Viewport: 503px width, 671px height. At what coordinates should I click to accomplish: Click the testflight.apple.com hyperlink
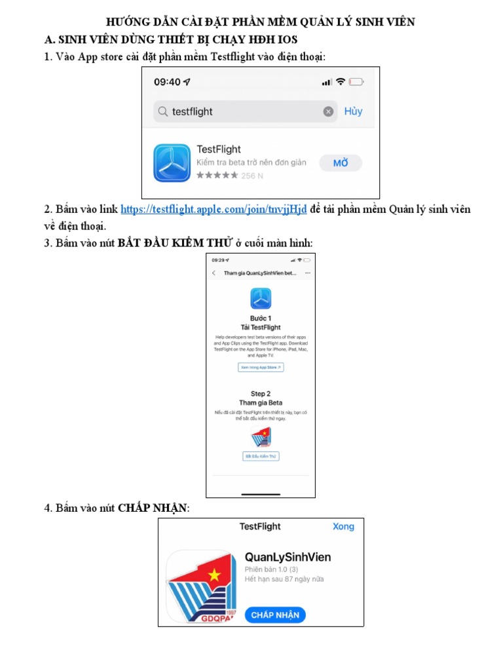[214, 210]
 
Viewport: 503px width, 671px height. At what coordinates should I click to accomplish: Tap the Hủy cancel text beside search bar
[353, 111]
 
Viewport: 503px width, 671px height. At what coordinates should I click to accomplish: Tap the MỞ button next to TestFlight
[341, 163]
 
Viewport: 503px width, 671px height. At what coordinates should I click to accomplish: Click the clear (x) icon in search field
[328, 112]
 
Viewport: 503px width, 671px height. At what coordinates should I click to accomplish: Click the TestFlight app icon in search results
[172, 163]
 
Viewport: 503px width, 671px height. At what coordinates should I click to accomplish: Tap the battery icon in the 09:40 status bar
[356, 82]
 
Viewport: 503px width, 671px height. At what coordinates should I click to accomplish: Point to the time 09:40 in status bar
[167, 82]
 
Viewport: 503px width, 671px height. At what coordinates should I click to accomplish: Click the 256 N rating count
[252, 176]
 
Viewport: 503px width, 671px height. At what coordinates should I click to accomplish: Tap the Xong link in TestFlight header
[343, 526]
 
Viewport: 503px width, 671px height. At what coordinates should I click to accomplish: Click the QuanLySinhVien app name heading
[288, 557]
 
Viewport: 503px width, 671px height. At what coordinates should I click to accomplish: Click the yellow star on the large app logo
[214, 575]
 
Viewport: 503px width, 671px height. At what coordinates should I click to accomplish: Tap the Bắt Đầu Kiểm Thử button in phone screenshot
[261, 455]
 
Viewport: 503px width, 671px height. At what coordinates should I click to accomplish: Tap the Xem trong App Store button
[261, 368]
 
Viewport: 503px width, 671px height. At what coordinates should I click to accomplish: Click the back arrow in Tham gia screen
[214, 273]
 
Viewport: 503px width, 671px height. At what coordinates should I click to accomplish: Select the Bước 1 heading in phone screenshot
[261, 318]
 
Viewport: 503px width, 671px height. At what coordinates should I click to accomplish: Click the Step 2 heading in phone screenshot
[261, 394]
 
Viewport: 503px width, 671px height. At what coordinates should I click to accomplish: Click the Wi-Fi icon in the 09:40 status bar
[341, 82]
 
